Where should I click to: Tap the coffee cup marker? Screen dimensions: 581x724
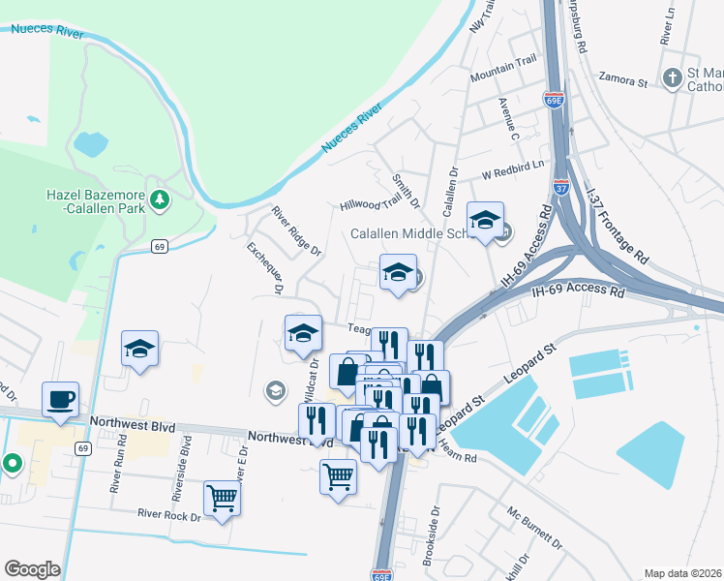pos(60,400)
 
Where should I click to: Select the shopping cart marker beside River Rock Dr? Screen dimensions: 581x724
pos(222,499)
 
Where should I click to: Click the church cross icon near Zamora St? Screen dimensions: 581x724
pos(673,77)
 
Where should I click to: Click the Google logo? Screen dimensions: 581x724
pos(31,569)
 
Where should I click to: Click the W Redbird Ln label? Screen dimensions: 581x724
pos(513,174)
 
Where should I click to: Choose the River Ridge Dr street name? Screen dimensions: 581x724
pos(295,230)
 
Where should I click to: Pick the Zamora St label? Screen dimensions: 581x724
pos(622,81)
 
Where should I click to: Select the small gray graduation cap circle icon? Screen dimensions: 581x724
pos(275,390)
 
